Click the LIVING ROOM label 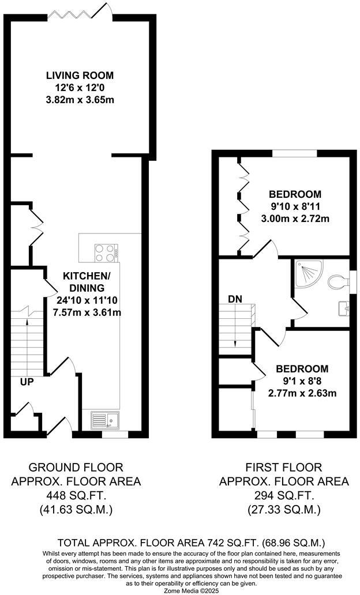(80, 76)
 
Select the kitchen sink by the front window (104, 419)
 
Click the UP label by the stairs (27, 381)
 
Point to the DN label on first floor (235, 299)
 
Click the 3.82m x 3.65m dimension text (80, 100)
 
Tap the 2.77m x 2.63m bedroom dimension (302, 394)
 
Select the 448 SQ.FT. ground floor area (76, 495)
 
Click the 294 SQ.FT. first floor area (283, 495)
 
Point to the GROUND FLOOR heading (76, 466)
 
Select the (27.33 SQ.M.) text (283, 510)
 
